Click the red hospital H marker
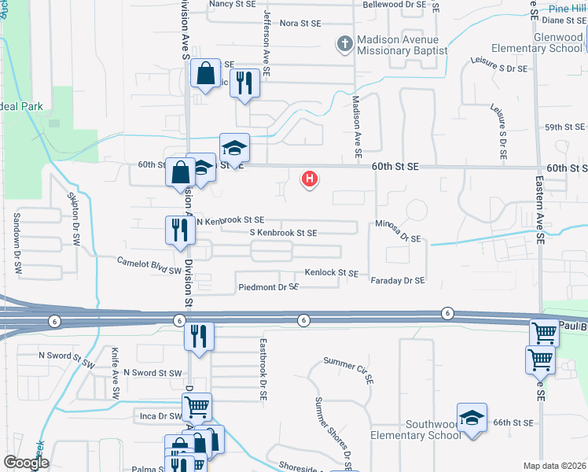point(311,179)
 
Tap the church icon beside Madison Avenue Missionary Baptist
point(344,44)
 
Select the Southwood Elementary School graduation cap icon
point(472,416)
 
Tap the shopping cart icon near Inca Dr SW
point(197,407)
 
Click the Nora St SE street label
point(300,24)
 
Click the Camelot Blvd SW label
point(149,264)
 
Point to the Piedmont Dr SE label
point(268,288)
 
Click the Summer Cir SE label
point(348,370)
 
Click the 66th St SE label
point(513,422)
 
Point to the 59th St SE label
point(565,127)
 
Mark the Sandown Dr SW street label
point(17,243)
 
